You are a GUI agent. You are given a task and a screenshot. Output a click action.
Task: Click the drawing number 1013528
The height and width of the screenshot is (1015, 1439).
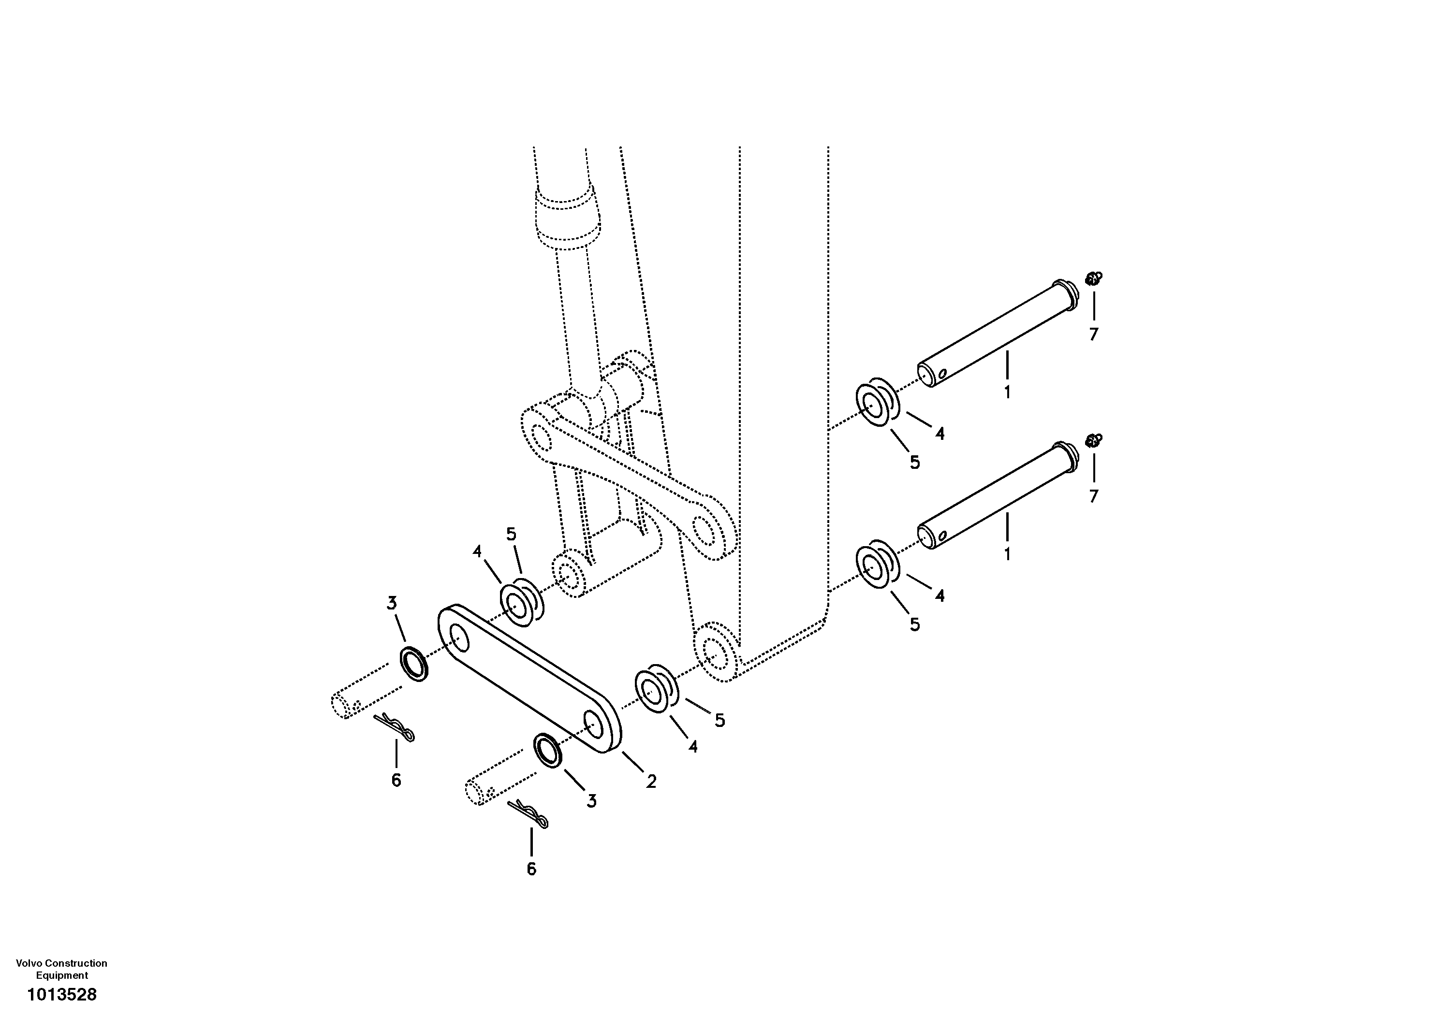pos(61,994)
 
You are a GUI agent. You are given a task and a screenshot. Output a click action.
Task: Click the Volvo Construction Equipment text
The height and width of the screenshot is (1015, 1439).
pos(61,969)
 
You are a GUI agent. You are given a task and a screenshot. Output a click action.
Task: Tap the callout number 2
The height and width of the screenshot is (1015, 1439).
pos(651,781)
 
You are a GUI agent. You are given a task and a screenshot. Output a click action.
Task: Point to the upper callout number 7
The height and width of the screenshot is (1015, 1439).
pos(1094,334)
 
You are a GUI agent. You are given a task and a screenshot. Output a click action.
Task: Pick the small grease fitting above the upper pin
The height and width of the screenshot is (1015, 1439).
pos(1094,278)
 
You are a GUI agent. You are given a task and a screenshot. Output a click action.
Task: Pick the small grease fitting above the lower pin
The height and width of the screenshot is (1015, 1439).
pos(1094,440)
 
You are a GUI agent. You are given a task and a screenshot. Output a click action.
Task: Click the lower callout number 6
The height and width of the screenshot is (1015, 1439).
pos(531,869)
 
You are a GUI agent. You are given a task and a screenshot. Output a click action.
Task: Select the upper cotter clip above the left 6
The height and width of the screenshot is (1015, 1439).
pos(395,727)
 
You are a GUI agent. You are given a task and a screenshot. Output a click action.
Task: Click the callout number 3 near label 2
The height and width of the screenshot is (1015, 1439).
pos(591,801)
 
